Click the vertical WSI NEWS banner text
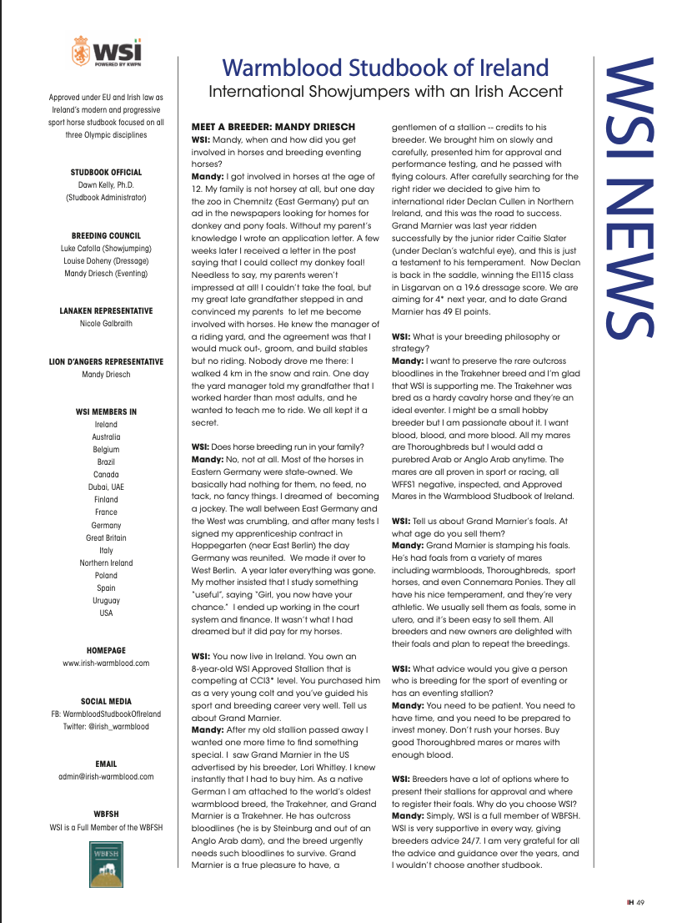click(x=628, y=200)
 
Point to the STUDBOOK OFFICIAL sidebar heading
click(x=106, y=173)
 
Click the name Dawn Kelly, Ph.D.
click(x=106, y=185)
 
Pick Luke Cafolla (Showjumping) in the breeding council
click(x=106, y=249)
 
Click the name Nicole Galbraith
click(x=106, y=323)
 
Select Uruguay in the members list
click(x=106, y=601)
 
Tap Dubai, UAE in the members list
click(x=106, y=487)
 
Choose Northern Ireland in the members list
click(x=106, y=563)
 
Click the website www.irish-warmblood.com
click(x=106, y=663)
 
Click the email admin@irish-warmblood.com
click(x=106, y=777)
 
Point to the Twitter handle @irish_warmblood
click(x=106, y=727)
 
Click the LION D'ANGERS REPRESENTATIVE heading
click(x=106, y=361)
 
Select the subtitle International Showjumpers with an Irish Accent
click(x=385, y=90)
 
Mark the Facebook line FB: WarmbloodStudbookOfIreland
click(x=106, y=714)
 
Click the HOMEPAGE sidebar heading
click(x=106, y=650)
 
